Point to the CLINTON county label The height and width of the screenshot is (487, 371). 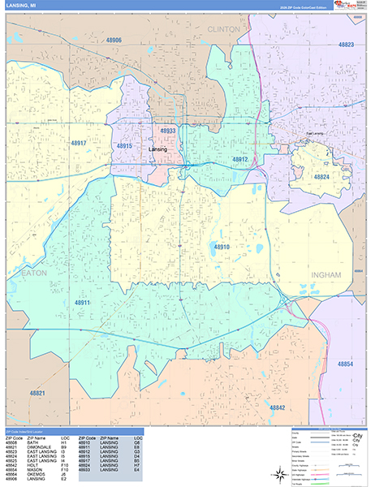[224, 28]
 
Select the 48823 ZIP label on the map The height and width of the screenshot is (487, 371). [347, 45]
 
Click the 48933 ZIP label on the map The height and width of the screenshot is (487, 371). [168, 130]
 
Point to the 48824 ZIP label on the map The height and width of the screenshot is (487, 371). [320, 176]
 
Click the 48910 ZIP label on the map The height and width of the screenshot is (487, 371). [222, 246]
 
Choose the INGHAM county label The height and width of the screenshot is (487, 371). [329, 276]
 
